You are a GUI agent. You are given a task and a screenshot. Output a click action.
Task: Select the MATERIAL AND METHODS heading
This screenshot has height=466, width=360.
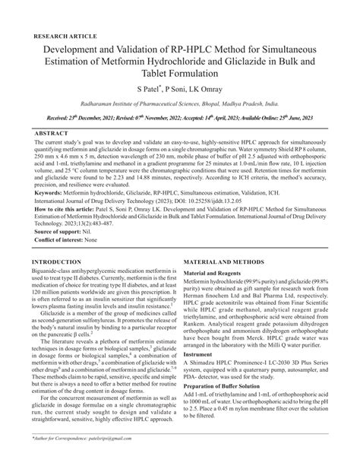(232, 261)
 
